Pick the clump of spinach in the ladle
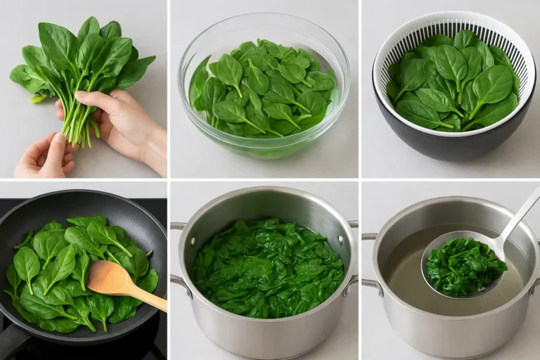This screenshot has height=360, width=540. point(465,266)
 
